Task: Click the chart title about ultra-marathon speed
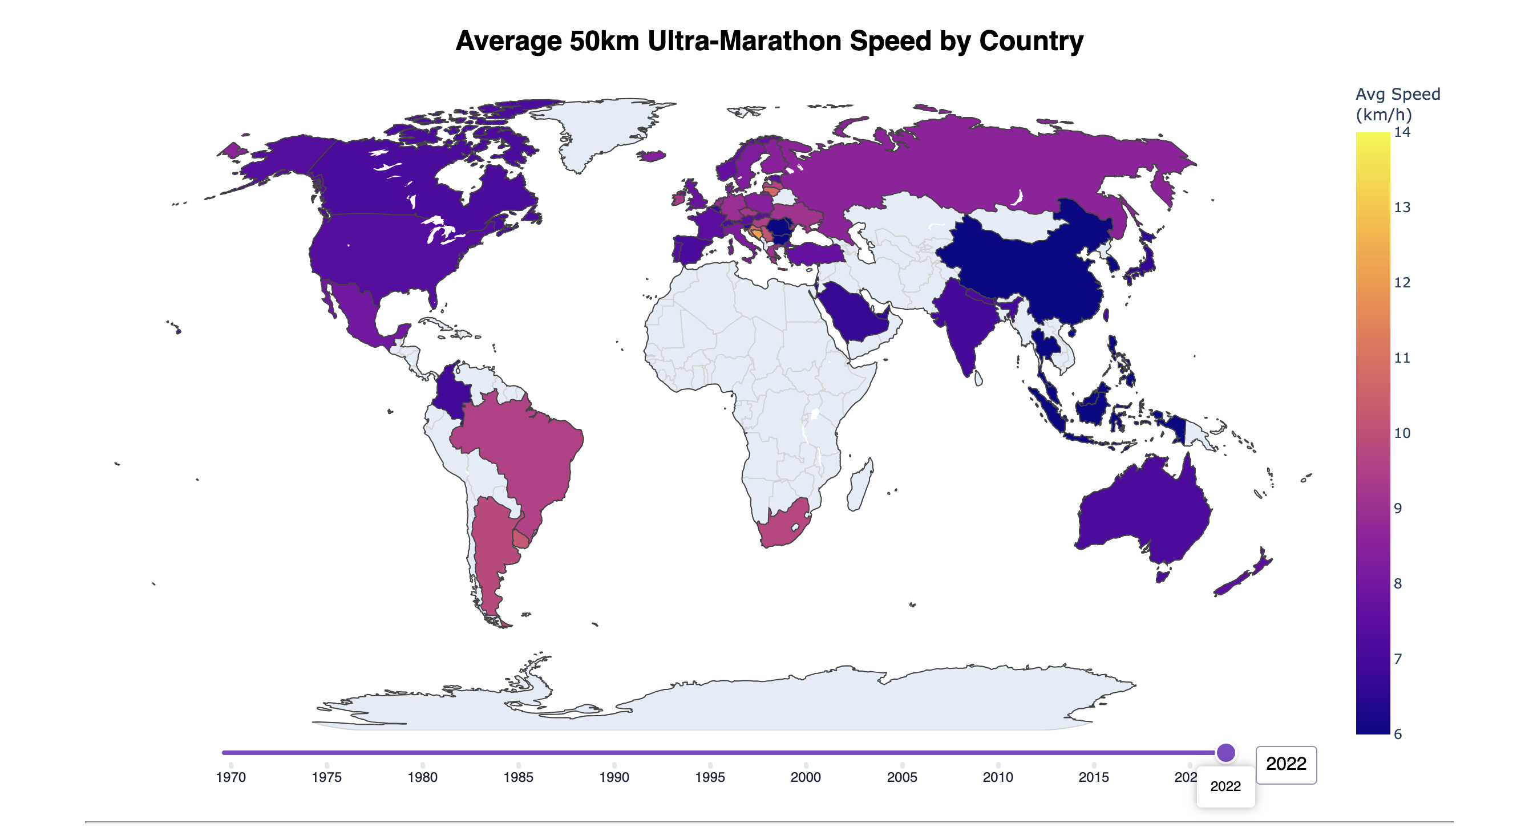[x=769, y=41]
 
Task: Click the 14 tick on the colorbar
[x=1402, y=132]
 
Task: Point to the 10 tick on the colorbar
[x=1402, y=433]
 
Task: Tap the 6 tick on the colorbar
[x=1398, y=734]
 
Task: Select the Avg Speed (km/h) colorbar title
[x=1397, y=104]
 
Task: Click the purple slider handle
[x=1225, y=752]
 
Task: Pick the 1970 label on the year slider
[x=231, y=777]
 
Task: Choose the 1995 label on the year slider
[x=710, y=777]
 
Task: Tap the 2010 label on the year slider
[x=998, y=777]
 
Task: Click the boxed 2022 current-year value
[x=1286, y=764]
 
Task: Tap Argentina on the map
[x=493, y=552]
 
